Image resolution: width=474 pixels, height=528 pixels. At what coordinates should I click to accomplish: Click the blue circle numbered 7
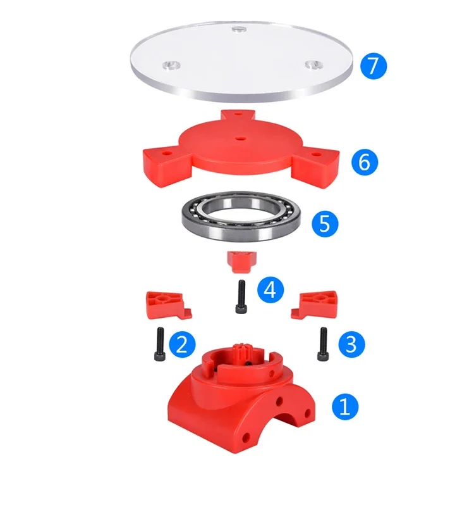(x=374, y=66)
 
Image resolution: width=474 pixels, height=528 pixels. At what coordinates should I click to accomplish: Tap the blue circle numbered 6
(x=365, y=162)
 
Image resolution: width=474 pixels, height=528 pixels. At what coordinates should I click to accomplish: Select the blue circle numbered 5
(x=325, y=223)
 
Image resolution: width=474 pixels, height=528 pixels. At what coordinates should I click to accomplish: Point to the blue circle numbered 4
(x=270, y=289)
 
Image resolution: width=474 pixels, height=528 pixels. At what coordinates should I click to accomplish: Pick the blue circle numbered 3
(x=351, y=344)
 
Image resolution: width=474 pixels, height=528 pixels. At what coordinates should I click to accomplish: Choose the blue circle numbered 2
(x=182, y=344)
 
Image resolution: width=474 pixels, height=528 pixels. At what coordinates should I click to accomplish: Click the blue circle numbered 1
(x=345, y=406)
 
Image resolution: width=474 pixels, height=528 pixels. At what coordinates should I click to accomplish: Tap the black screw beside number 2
(x=160, y=344)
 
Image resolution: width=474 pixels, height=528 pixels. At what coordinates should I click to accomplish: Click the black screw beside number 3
(x=323, y=344)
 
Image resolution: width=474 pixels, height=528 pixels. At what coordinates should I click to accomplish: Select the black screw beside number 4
(x=241, y=297)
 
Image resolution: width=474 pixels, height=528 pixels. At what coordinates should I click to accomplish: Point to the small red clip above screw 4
(x=241, y=262)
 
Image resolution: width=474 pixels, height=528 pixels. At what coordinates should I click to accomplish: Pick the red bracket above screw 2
(x=167, y=305)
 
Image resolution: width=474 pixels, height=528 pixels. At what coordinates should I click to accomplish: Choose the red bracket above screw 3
(x=315, y=305)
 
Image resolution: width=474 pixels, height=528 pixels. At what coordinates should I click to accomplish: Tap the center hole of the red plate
(x=240, y=139)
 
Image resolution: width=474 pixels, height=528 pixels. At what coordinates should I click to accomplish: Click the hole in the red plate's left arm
(x=166, y=153)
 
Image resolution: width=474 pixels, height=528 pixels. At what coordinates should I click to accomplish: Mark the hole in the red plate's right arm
(x=316, y=154)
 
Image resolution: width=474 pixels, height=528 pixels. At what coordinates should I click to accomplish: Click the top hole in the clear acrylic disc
(x=239, y=29)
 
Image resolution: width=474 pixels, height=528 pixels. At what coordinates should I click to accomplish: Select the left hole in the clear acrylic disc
(x=171, y=65)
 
